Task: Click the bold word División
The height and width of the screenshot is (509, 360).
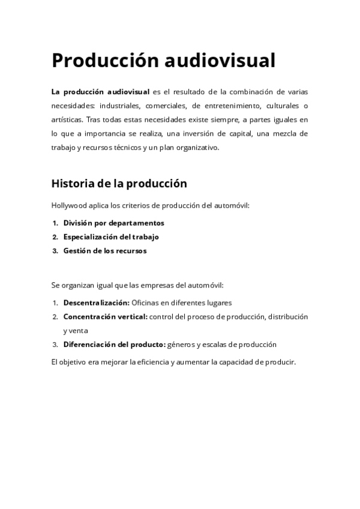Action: tap(78, 223)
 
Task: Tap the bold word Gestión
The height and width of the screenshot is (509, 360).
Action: tap(77, 250)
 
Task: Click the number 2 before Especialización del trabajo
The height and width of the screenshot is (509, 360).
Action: tap(55, 236)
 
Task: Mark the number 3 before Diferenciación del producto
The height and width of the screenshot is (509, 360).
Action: tap(55, 345)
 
